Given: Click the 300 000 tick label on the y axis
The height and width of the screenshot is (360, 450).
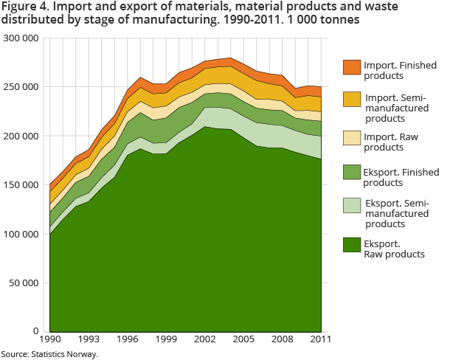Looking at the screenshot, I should point(21,38).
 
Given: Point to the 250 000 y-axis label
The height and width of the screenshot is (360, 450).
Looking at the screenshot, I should point(21,87).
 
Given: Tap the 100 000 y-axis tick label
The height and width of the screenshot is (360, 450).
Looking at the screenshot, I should point(21,234).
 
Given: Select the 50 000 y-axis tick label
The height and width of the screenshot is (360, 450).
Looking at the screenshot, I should point(24,283).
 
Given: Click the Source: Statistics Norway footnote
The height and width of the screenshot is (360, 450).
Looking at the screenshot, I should point(49,354).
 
